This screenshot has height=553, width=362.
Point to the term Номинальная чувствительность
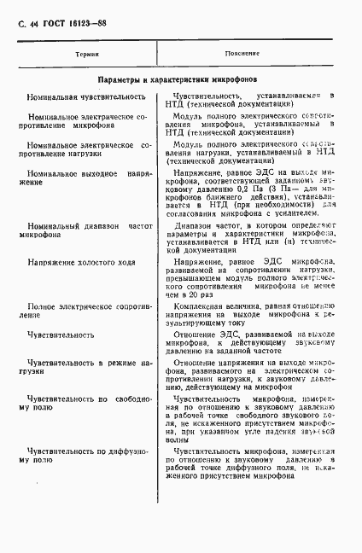tap(79, 98)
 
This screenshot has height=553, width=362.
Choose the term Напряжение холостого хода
tap(79, 263)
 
